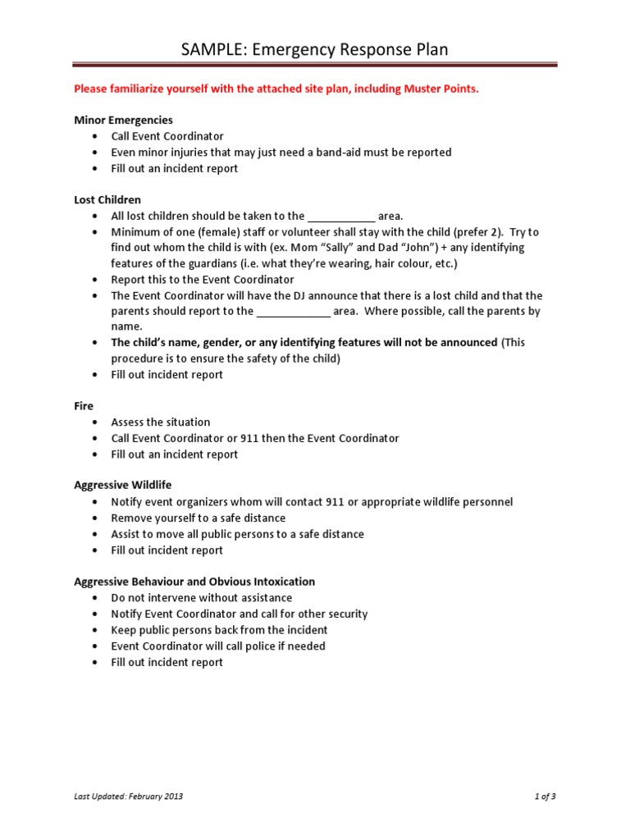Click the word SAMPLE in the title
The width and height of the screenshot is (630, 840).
211,50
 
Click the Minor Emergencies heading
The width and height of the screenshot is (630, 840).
123,120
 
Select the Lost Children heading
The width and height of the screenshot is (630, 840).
107,199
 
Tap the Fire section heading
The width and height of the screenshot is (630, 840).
84,406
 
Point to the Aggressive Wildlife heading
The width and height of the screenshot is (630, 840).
122,486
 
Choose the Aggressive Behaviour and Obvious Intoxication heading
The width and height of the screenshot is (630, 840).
194,582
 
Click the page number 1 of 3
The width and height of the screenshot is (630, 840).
544,796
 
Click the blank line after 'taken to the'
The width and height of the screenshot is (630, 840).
341,217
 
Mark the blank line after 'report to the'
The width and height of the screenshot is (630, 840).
293,312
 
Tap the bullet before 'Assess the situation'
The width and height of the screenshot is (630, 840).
96,422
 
